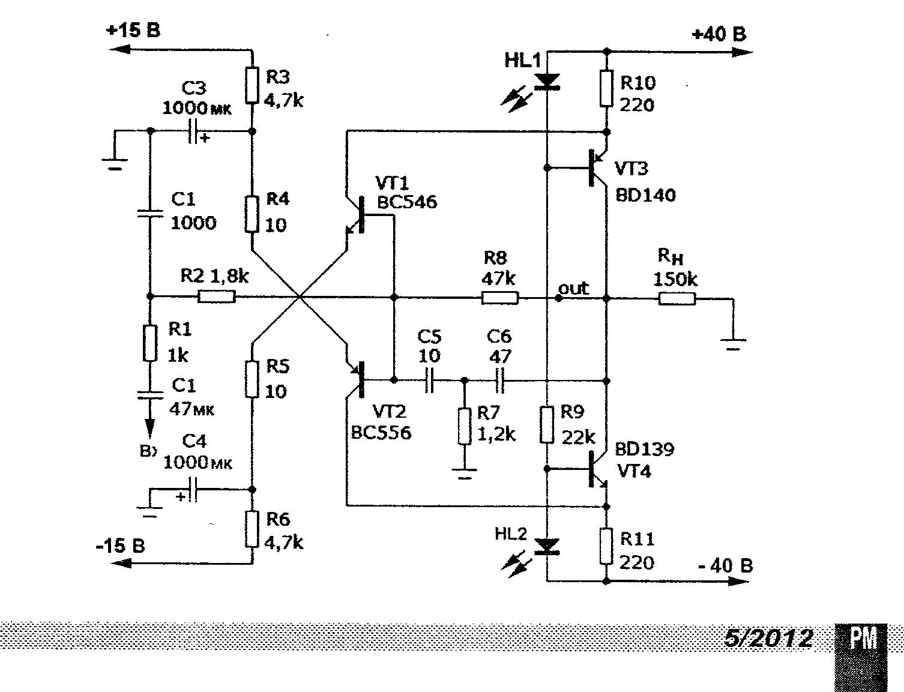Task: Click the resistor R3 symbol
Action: [x=252, y=85]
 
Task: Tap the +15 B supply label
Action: [x=133, y=30]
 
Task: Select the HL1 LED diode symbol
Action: [x=547, y=81]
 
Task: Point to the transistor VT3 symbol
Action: [x=595, y=166]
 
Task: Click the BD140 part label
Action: [x=645, y=195]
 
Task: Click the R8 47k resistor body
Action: [x=499, y=297]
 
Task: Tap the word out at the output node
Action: [x=573, y=289]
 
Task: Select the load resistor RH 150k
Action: [x=677, y=298]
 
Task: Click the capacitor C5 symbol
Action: [x=429, y=381]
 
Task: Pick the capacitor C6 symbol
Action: [x=499, y=381]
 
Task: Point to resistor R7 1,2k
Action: [x=464, y=426]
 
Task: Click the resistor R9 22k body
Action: [x=546, y=425]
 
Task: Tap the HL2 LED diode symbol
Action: [x=547, y=546]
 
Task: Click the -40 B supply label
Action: [x=725, y=565]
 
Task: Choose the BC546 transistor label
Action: [x=407, y=202]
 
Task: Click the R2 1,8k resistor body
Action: [x=217, y=296]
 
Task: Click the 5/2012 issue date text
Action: [x=768, y=639]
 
